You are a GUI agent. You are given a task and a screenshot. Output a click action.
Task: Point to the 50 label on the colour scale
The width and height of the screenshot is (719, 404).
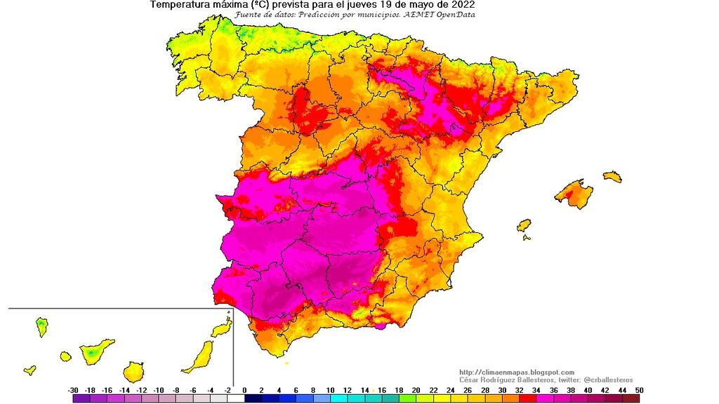(x=638, y=390)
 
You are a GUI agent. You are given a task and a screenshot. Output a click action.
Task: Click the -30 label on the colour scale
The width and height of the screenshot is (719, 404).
(x=73, y=390)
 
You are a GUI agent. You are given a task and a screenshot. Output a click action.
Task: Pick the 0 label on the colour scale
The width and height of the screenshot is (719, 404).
(x=244, y=390)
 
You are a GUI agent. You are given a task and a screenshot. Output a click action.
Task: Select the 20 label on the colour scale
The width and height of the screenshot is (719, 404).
(x=416, y=390)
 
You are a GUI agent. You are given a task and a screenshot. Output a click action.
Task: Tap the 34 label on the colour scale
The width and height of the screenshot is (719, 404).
(x=536, y=390)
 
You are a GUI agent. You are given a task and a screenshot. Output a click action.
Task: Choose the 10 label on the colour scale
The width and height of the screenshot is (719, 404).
(x=330, y=390)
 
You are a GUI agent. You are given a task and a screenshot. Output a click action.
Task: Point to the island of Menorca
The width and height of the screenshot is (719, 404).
(x=612, y=176)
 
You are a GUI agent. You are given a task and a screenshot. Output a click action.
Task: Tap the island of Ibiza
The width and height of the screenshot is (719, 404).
(x=523, y=225)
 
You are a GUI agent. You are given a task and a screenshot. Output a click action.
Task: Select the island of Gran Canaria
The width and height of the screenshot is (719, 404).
(x=133, y=371)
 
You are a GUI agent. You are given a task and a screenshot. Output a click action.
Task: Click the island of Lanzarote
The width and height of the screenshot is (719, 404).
(x=223, y=328)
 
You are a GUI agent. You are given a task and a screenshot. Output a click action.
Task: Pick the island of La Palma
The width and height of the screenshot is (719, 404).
(x=42, y=325)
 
